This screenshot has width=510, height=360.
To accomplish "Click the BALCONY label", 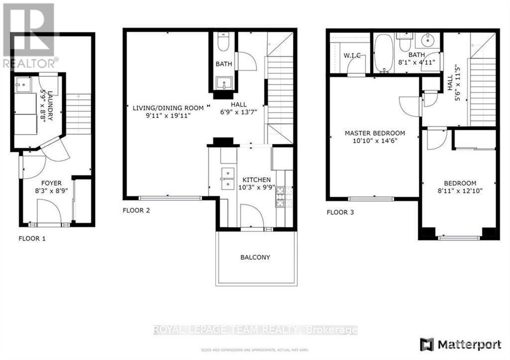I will [x=255, y=257].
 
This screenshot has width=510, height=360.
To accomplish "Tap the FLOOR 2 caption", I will [x=136, y=211].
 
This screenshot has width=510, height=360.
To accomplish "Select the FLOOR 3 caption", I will [x=340, y=213].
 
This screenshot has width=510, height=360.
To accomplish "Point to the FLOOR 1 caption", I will [x=32, y=239].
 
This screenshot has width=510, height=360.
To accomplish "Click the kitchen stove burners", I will [x=279, y=197].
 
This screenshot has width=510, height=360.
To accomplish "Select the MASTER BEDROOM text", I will [x=375, y=133].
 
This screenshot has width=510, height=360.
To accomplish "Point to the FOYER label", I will [x=51, y=183].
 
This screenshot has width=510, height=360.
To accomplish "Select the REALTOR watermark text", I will [x=30, y=63].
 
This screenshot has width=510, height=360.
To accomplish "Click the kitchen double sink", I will [x=228, y=179].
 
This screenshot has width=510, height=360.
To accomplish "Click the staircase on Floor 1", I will [x=78, y=115].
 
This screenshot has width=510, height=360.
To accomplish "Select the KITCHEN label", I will [x=256, y=180].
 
